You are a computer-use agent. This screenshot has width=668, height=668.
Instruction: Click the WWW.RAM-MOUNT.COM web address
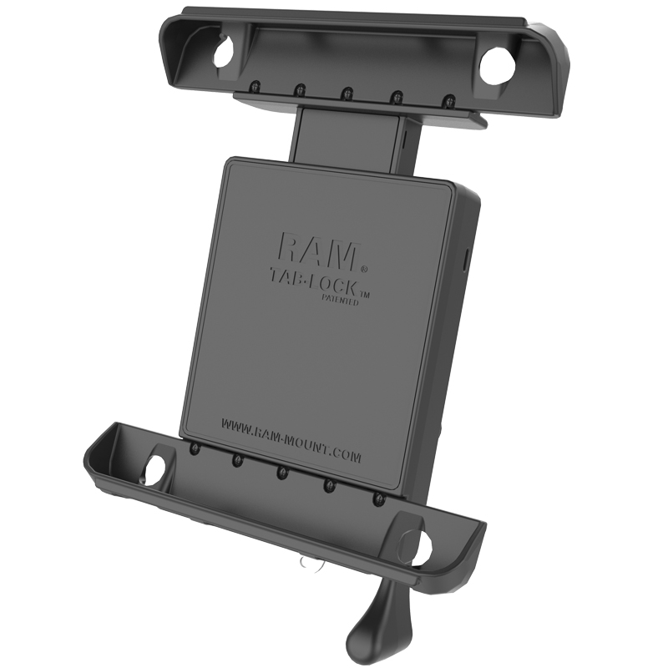(x=291, y=438)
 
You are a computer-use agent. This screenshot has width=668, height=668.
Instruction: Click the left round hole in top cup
(x=224, y=53)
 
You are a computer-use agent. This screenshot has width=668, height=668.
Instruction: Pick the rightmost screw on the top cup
(x=448, y=99)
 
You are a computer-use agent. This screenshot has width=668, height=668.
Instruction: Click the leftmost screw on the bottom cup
(x=195, y=449)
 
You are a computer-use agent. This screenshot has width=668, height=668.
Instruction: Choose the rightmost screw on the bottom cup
(x=379, y=498)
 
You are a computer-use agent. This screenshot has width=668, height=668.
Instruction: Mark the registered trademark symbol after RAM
(x=363, y=268)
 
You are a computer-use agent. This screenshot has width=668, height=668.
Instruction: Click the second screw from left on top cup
(x=297, y=89)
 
